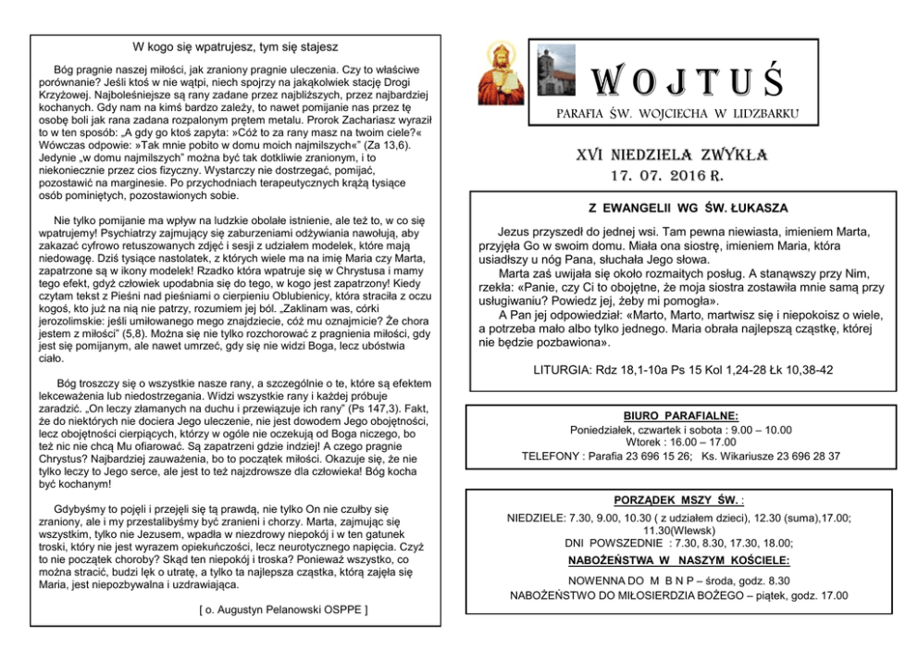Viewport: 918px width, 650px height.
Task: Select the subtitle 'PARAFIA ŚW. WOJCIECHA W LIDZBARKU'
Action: [x=676, y=114]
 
